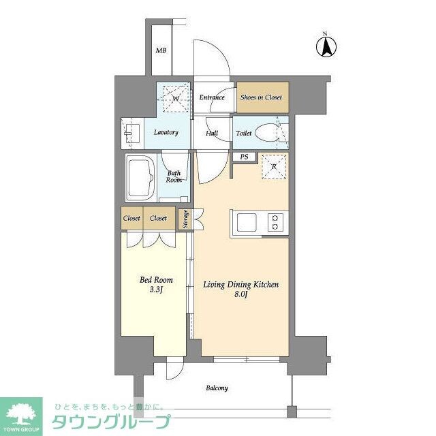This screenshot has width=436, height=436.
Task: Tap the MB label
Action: (x=161, y=51)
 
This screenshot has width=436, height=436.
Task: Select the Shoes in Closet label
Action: (x=262, y=97)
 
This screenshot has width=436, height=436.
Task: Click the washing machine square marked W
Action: (x=174, y=98)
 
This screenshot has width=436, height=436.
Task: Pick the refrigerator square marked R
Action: (x=273, y=168)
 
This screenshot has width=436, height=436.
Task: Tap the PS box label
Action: (x=243, y=157)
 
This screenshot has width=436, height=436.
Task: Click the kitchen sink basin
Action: (x=247, y=221)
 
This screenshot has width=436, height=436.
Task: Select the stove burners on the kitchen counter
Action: (x=275, y=221)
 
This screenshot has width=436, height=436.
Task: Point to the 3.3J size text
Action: (x=157, y=290)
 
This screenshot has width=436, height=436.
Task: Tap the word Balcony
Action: (x=217, y=388)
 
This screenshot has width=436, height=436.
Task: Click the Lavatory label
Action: (x=166, y=132)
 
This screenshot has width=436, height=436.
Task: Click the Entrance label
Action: (x=212, y=97)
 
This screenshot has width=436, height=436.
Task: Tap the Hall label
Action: (x=212, y=134)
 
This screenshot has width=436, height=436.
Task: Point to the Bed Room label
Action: (x=157, y=280)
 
